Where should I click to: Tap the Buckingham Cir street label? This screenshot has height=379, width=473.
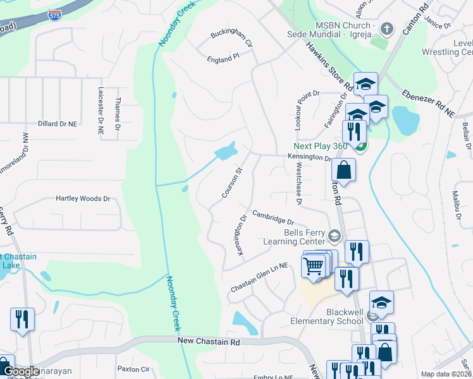pos(231,40)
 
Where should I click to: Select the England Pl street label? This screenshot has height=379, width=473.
pos(223,57)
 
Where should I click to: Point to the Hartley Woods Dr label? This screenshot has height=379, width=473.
pos(83,198)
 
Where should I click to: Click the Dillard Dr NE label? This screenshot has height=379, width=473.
pos(57,124)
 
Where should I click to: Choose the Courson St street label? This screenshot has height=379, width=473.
pos(232,183)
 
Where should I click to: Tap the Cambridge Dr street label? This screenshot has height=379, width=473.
pos(273,218)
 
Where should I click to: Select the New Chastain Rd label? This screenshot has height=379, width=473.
pos(209,341)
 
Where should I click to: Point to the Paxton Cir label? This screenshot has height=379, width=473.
pos(133,369)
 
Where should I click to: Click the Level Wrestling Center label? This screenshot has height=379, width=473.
pos(455,47)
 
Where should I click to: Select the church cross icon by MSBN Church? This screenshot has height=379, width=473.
pos(386,28)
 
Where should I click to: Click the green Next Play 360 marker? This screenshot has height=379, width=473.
pos(360,148)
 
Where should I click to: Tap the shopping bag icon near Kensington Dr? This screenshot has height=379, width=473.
pos(343,169)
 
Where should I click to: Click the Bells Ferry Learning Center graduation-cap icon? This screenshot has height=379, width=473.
pos(335,237)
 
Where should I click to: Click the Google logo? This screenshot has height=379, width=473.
pos(21,372)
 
